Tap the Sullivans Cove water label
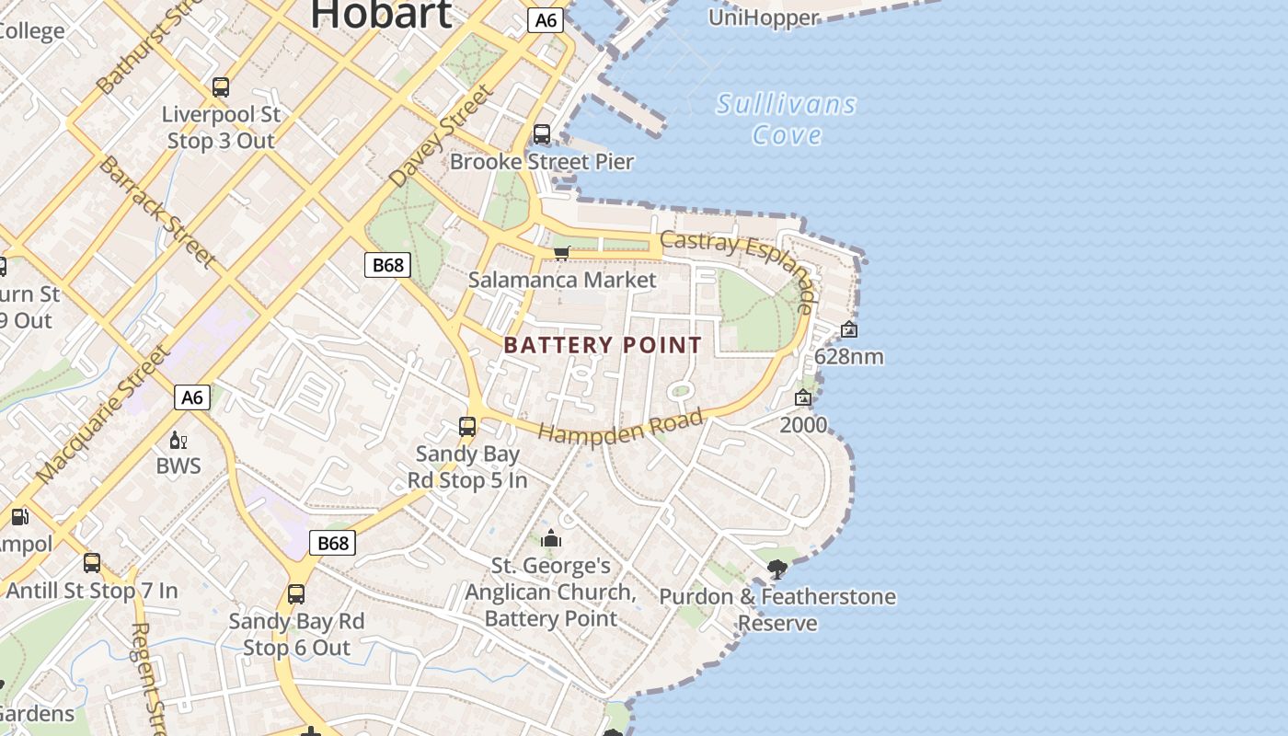[x=787, y=120]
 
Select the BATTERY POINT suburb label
[x=603, y=345]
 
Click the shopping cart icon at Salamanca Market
[x=562, y=253]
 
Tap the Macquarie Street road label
[x=103, y=415]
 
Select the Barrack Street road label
[x=156, y=212]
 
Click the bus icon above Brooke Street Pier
[x=542, y=134]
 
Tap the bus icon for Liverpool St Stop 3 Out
[x=221, y=87]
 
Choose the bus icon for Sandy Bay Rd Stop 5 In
[x=467, y=427]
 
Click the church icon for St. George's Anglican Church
[x=551, y=538]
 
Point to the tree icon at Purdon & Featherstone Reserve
[x=777, y=569]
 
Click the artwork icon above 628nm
[x=849, y=329]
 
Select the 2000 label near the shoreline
[x=803, y=425]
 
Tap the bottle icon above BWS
[x=178, y=440]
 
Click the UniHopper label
[x=764, y=17]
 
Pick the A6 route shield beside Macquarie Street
[x=191, y=397]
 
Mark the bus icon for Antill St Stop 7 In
[x=92, y=563]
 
